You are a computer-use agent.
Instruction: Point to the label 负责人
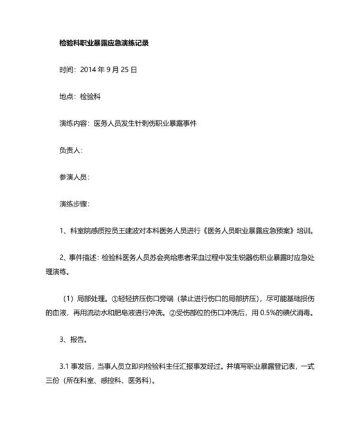coord(69,150)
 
